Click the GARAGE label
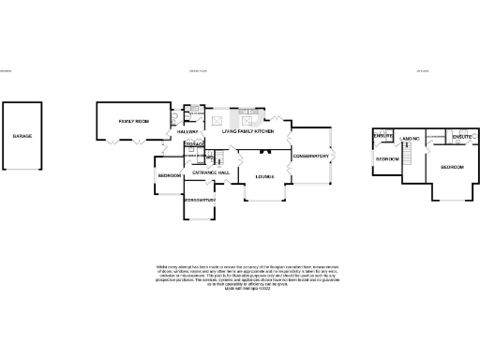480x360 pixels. [22, 136]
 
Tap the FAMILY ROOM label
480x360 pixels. [133, 123]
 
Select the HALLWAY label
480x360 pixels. [190, 131]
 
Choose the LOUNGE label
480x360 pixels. [260, 175]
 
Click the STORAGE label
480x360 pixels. [194, 144]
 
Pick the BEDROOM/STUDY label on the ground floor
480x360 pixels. [200, 200]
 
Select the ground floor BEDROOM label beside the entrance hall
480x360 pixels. [170, 175]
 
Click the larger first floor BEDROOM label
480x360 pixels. [453, 166]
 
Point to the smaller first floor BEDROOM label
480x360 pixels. [387, 159]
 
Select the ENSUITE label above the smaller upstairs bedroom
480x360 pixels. [383, 137]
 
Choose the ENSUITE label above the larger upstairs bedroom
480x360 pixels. [460, 137]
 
